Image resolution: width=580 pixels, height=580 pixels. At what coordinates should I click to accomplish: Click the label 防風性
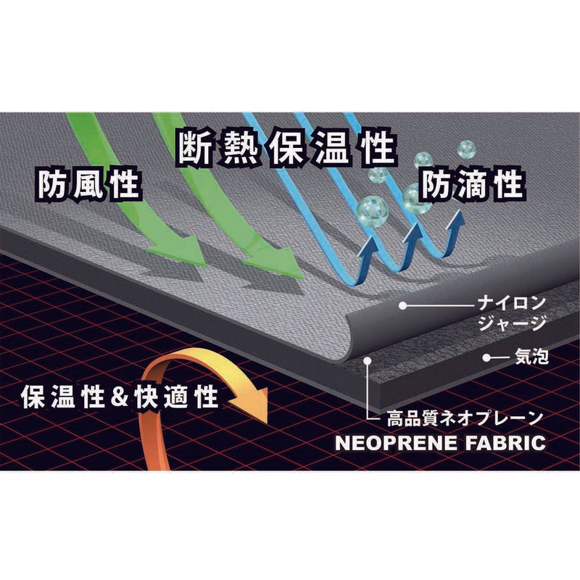pyautogui.click(x=88, y=184)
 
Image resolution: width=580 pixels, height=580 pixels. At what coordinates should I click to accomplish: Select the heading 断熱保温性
pyautogui.click(x=286, y=147)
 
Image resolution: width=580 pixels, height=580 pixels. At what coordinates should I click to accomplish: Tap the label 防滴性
pyautogui.click(x=473, y=184)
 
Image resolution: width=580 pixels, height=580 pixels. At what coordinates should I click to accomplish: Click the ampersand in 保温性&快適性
pyautogui.click(x=120, y=397)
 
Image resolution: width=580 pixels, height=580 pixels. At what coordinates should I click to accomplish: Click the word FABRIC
pyautogui.click(x=505, y=443)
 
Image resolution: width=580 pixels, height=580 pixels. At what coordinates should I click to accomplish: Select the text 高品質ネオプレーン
pyautogui.click(x=465, y=419)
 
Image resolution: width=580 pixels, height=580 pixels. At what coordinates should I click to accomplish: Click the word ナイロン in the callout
pyautogui.click(x=512, y=303)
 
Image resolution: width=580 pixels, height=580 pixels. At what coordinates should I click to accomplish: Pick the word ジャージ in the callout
pyautogui.click(x=512, y=323)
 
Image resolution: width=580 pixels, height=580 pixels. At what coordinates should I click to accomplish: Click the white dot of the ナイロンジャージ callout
pyautogui.click(x=403, y=305)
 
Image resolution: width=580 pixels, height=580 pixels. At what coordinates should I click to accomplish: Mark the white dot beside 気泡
pyautogui.click(x=486, y=357)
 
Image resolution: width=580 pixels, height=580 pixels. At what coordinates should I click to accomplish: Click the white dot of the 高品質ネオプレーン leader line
pyautogui.click(x=367, y=359)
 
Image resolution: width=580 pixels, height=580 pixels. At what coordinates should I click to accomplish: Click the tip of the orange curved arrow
pyautogui.click(x=267, y=424)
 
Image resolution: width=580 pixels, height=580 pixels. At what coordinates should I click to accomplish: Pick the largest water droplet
pyautogui.click(x=372, y=211)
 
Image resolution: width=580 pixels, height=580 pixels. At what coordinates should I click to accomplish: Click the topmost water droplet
pyautogui.click(x=466, y=149)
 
